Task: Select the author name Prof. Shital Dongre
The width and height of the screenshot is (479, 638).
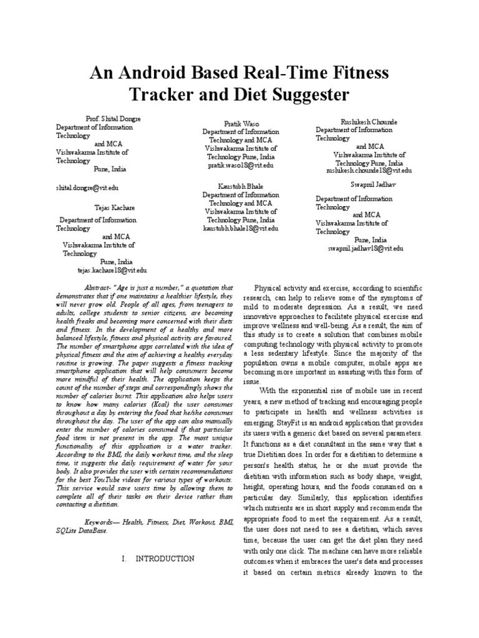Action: (x=113, y=118)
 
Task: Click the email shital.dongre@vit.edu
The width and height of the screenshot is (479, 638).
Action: (x=87, y=187)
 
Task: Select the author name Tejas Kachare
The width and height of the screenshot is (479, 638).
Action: (x=113, y=207)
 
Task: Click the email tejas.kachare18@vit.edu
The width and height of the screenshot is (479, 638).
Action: (x=112, y=270)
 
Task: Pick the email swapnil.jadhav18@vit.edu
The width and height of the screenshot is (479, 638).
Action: (x=365, y=248)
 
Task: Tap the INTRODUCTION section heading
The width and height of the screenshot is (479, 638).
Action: (x=165, y=558)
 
